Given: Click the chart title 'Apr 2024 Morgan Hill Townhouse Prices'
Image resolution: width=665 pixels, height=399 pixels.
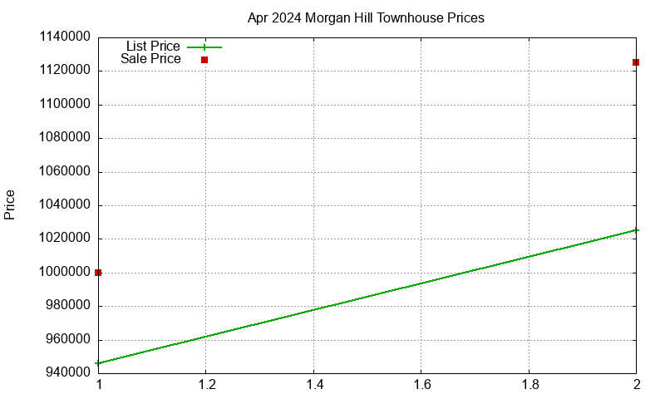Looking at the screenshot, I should (366, 17).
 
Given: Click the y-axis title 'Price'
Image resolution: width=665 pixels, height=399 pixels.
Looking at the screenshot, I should (10, 204).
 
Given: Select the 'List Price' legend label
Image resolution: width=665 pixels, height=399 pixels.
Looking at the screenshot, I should (152, 47).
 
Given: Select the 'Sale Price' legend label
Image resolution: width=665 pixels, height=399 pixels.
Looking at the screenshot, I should (150, 59).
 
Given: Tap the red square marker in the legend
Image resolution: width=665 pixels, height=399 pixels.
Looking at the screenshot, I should (204, 60).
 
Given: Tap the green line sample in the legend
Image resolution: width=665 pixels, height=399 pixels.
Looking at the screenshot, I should (204, 47).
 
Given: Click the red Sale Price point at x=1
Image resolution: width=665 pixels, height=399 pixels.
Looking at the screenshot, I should (98, 273).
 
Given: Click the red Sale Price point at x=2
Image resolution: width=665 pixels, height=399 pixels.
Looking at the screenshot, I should (636, 62).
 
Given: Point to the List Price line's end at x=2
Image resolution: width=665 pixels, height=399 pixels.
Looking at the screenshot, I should (636, 230).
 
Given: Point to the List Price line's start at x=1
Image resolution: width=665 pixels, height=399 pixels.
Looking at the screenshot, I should (98, 363).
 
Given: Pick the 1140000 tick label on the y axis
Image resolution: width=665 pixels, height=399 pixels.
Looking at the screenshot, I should (63, 37).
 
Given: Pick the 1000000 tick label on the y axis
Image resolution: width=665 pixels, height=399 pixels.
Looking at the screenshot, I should (63, 273).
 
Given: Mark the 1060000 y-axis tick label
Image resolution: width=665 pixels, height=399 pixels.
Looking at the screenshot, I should (63, 172).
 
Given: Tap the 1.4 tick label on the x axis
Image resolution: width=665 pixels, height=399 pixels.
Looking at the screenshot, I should (313, 385).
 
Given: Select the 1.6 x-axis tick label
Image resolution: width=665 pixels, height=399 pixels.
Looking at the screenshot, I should (421, 385).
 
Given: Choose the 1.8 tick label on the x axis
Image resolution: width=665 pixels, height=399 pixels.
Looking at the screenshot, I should (529, 385).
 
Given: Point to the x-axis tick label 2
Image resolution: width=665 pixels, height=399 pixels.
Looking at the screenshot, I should (636, 385).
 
